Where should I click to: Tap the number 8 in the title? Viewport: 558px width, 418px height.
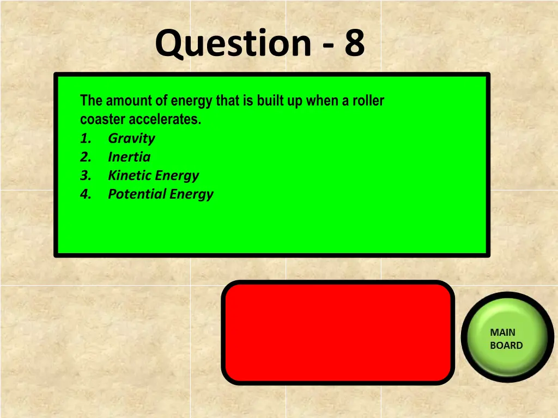click(354, 44)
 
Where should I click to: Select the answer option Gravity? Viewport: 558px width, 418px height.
click(131, 138)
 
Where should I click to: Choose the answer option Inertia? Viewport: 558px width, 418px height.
click(129, 157)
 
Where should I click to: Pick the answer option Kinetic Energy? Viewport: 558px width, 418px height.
click(153, 175)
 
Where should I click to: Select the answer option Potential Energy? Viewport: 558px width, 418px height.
click(160, 194)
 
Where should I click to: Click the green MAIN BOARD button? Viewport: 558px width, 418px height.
click(506, 339)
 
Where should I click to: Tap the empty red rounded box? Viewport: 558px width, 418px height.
click(338, 332)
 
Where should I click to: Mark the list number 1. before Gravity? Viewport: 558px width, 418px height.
click(86, 138)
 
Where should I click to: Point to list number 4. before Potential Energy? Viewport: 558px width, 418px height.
click(86, 194)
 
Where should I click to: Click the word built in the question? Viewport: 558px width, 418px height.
click(273, 101)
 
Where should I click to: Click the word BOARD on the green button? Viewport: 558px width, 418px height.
click(506, 346)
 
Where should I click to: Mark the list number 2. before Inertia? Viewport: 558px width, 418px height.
click(86, 157)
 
